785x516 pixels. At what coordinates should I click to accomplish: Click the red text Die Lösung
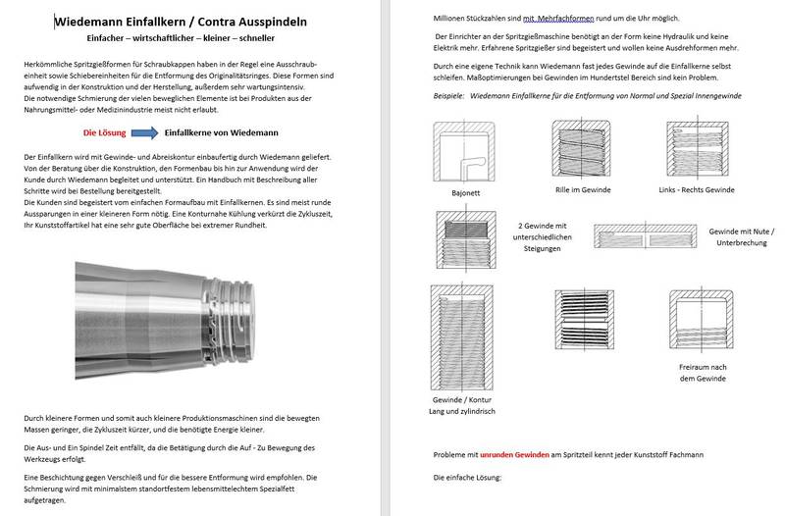[102, 129]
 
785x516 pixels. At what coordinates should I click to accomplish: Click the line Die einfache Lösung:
[467, 477]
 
